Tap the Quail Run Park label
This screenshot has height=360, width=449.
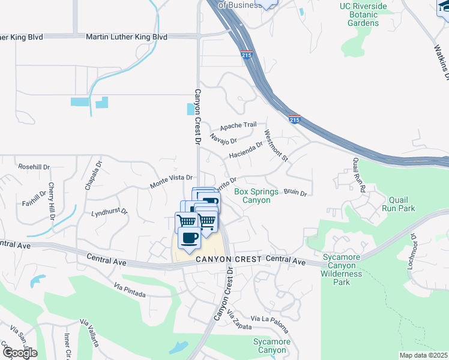tap(399, 205)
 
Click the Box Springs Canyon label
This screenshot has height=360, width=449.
tap(256, 196)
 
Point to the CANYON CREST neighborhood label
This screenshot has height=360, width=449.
tap(229, 259)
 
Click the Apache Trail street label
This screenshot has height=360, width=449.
tap(238, 126)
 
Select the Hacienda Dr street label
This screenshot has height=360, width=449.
tap(246, 150)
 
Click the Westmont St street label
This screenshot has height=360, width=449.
tap(276, 146)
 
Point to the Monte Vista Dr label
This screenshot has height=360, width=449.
tap(170, 178)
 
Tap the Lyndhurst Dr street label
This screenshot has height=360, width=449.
tap(109, 212)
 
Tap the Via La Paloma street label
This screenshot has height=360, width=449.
tap(270, 323)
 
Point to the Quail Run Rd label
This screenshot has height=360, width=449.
tap(359, 175)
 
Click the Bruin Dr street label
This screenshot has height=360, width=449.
tap(295, 193)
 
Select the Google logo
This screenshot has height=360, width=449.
tap(19, 352)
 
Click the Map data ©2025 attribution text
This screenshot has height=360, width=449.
tap(423, 355)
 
